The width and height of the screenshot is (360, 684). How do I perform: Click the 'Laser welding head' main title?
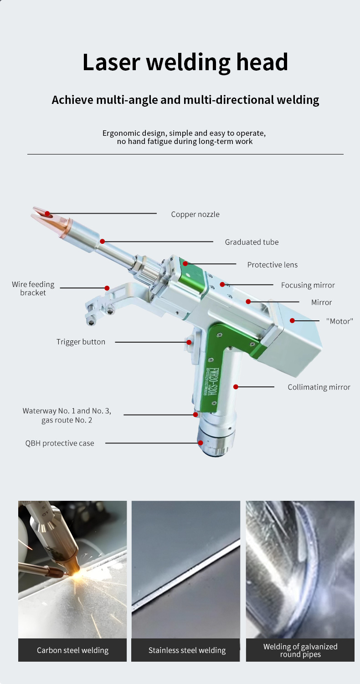point(185,62)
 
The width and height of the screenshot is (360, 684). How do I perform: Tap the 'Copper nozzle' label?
point(195,214)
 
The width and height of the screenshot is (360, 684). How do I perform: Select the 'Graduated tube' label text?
point(252,242)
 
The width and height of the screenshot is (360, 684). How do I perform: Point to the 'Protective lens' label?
point(273,265)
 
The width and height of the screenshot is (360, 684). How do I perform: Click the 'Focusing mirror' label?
point(308,285)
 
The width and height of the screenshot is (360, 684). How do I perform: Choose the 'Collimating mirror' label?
point(319,387)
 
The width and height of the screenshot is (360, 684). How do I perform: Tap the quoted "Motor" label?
point(339,321)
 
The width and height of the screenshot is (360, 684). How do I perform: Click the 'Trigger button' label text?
point(81,342)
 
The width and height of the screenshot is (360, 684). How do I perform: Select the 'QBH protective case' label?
point(60,443)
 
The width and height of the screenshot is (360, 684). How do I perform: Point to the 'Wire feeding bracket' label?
point(33,288)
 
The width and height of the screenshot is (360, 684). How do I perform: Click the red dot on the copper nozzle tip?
point(47,213)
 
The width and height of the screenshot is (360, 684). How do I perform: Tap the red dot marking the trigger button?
point(189,342)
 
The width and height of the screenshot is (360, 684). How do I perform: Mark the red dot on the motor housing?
point(292,321)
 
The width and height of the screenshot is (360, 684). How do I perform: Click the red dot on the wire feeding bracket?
point(107,288)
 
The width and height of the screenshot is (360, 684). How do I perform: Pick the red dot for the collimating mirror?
point(236,387)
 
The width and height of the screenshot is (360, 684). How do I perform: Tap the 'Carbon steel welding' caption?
point(72,650)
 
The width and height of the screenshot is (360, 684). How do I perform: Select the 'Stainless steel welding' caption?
point(187,650)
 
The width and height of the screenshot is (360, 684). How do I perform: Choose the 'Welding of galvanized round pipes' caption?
point(300,650)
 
